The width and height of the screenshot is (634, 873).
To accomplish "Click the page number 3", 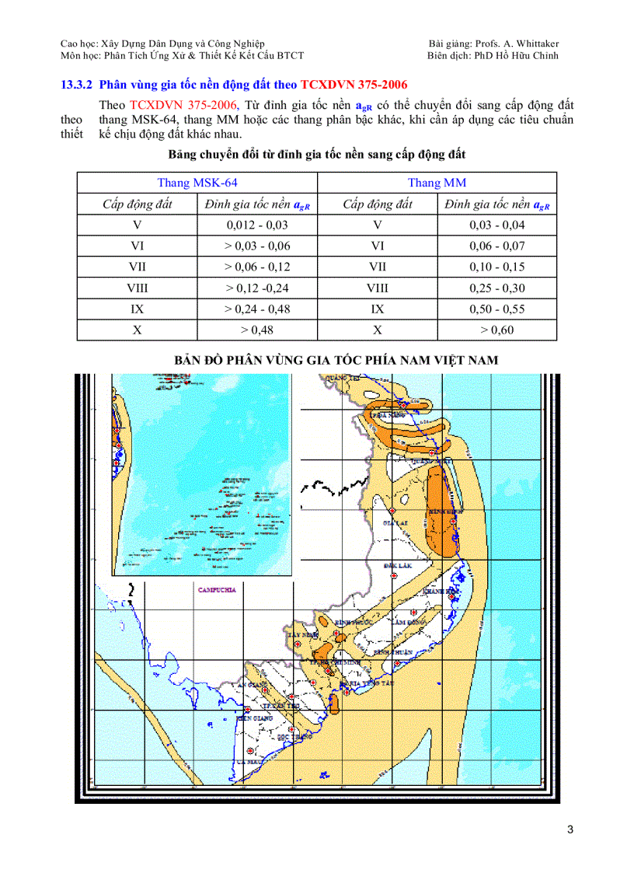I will [570, 829].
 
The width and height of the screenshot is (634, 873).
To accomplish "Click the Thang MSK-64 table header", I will [197, 183].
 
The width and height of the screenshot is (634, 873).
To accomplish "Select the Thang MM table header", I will [437, 183].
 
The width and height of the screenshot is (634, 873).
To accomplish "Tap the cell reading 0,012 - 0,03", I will [257, 225].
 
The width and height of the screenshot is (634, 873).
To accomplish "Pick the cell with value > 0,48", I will [257, 330].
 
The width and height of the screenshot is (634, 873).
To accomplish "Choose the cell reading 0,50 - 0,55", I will [497, 309].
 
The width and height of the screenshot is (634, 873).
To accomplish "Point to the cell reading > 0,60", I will [497, 330].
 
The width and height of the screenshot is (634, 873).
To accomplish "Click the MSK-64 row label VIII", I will [138, 288].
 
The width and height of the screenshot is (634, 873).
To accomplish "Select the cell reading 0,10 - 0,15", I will [497, 267].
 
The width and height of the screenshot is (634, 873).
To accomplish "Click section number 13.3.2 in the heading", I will [77, 84].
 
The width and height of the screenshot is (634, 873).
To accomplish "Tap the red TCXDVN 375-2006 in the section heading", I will [354, 84].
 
